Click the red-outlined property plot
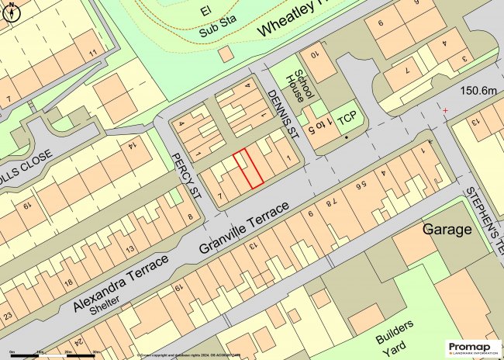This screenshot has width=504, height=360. coord(249,168)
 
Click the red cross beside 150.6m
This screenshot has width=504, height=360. coord(445,110)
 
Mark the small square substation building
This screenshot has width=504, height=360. coord(226,54)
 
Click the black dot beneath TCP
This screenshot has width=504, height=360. coord(347,137)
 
